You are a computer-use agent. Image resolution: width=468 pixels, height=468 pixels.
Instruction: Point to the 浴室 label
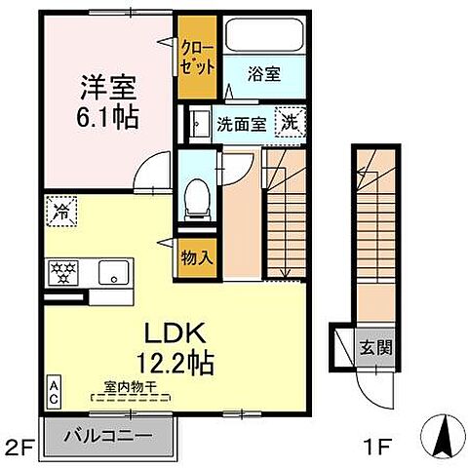[x=265, y=71]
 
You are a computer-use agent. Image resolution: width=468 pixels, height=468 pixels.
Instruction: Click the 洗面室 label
[x=239, y=124]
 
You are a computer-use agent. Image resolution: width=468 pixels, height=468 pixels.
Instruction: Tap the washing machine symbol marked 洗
[x=290, y=122]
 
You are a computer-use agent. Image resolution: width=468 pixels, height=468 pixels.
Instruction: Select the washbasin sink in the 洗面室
[x=198, y=124]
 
